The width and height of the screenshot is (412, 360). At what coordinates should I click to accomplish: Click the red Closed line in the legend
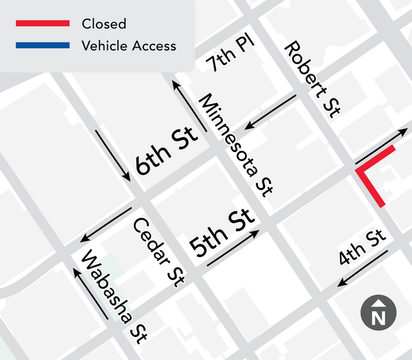(42, 24)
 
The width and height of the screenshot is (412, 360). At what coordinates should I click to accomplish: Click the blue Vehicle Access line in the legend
(42, 45)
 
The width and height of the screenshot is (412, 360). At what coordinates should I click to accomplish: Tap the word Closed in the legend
(104, 24)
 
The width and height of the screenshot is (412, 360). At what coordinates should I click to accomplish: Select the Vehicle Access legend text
(129, 45)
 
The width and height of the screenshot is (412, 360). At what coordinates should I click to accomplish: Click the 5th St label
(222, 232)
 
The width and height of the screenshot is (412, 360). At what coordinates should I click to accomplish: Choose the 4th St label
(362, 248)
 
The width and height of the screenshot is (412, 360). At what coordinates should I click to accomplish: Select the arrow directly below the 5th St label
(233, 248)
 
